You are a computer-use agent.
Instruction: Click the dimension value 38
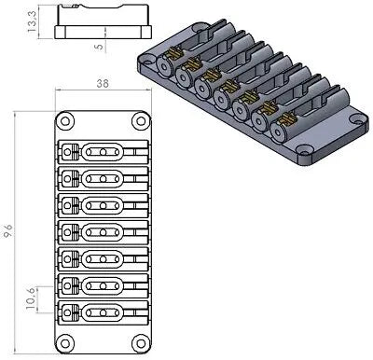[x=102, y=83]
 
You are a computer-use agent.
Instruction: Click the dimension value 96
[x=9, y=230]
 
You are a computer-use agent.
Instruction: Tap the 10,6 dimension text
[x=31, y=301]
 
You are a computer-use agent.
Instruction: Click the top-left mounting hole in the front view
[x=66, y=122]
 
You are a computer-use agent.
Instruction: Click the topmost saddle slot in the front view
[x=102, y=152]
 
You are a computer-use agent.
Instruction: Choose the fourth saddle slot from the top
[x=102, y=230]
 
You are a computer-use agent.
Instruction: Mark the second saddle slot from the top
[x=102, y=178]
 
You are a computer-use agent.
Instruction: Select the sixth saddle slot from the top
[x=102, y=283]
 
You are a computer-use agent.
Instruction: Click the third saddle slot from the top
[x=102, y=204]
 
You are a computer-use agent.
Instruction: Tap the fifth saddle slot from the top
[x=102, y=256]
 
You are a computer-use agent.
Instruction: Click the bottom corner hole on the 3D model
[x=304, y=151]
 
